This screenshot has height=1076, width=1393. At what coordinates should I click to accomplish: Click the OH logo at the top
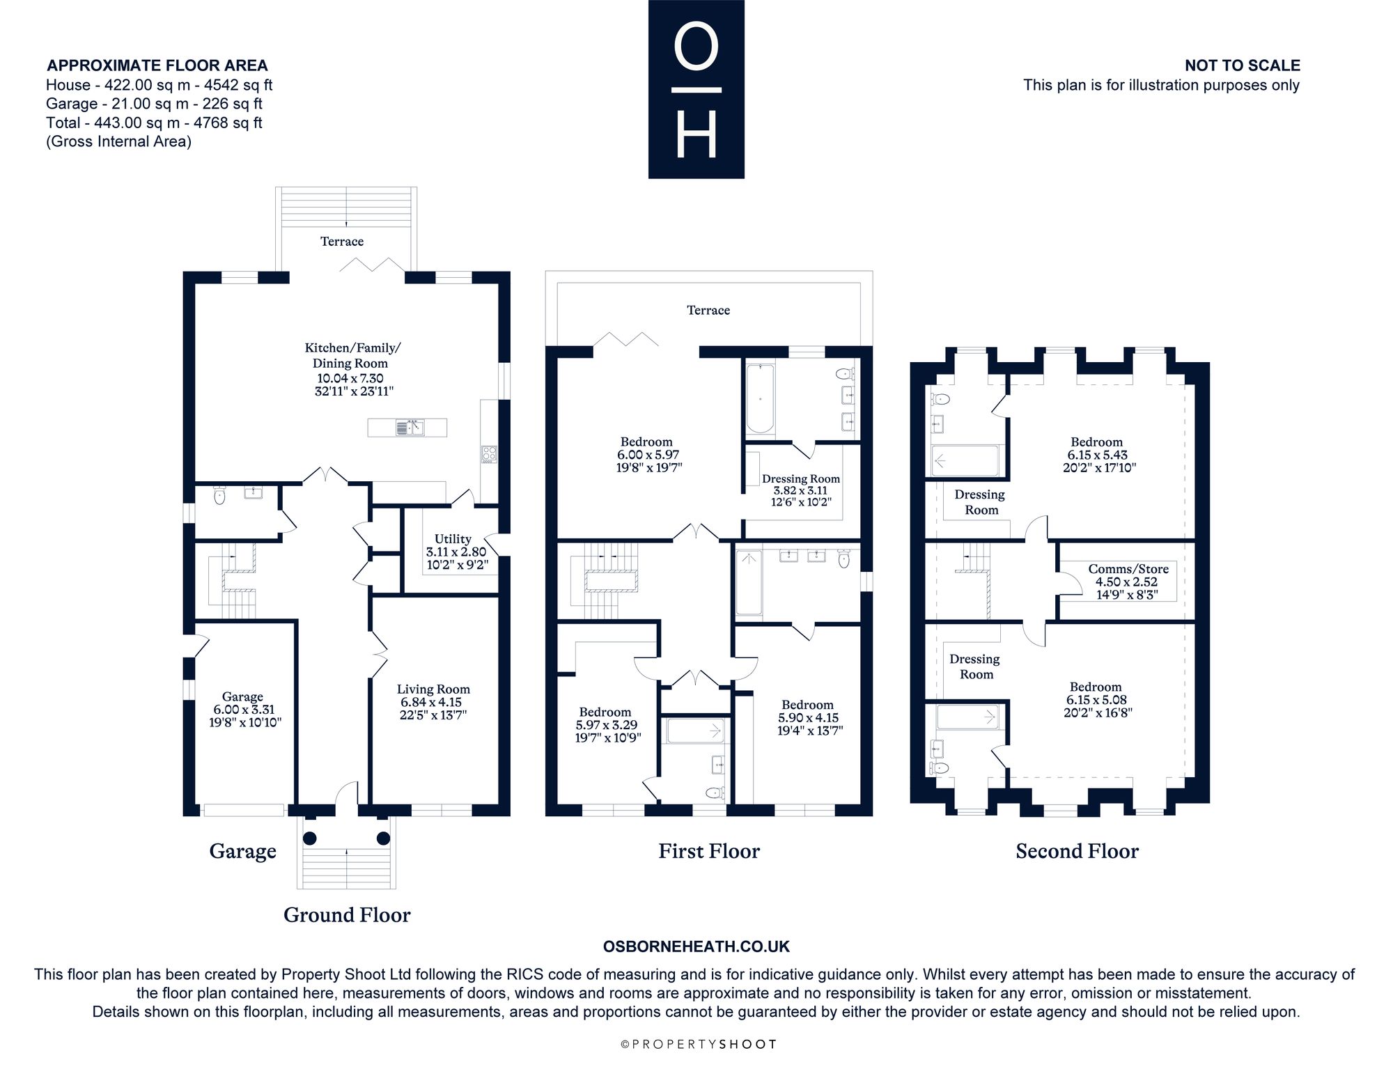pos(696,89)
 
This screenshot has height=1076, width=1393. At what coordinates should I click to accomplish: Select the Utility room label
pos(453,538)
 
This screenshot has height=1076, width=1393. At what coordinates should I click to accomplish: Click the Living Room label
pos(433,689)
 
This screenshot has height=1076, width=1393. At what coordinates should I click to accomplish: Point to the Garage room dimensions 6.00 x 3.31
pos(245,710)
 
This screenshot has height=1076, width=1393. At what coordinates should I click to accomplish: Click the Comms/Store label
pos(1128,569)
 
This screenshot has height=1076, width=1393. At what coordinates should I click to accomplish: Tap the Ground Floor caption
pos(347,915)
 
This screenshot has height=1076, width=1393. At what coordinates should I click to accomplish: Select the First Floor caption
pos(709,851)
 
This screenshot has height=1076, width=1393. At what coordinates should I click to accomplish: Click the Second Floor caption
pos(1077,851)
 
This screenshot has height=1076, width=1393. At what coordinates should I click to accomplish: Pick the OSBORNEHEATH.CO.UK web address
pos(696,946)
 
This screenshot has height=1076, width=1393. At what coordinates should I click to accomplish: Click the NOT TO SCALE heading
pos(1243,65)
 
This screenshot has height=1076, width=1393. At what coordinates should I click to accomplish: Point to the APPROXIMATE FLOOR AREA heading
pos(157,65)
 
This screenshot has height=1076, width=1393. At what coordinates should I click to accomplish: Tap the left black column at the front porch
pos(309,838)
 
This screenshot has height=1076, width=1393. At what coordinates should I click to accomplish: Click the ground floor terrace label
pos(342,242)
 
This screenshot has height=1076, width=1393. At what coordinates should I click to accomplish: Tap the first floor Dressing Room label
pos(801,479)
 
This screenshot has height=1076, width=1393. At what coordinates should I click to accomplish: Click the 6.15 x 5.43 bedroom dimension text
pos(1098,455)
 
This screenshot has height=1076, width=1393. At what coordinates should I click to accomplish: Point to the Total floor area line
pos(154,123)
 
